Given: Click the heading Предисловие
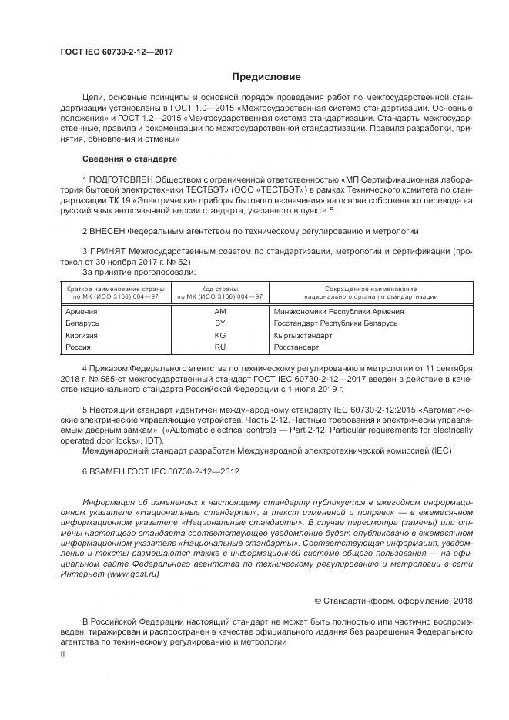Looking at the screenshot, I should [266, 77].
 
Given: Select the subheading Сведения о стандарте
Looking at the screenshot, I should [129, 159].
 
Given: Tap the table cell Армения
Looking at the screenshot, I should [82, 311].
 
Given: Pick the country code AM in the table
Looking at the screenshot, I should [220, 311].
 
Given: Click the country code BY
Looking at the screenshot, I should [220, 323].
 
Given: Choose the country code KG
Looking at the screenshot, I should [220, 336].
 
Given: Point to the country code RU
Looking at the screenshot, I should [220, 347].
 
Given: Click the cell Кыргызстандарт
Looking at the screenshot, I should [303, 336].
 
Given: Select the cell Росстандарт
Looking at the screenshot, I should [296, 347].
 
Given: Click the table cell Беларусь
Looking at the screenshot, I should [83, 323].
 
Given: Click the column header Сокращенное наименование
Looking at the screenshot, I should [370, 288].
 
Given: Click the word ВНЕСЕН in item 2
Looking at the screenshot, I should [108, 230].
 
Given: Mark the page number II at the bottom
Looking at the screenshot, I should [63, 653].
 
